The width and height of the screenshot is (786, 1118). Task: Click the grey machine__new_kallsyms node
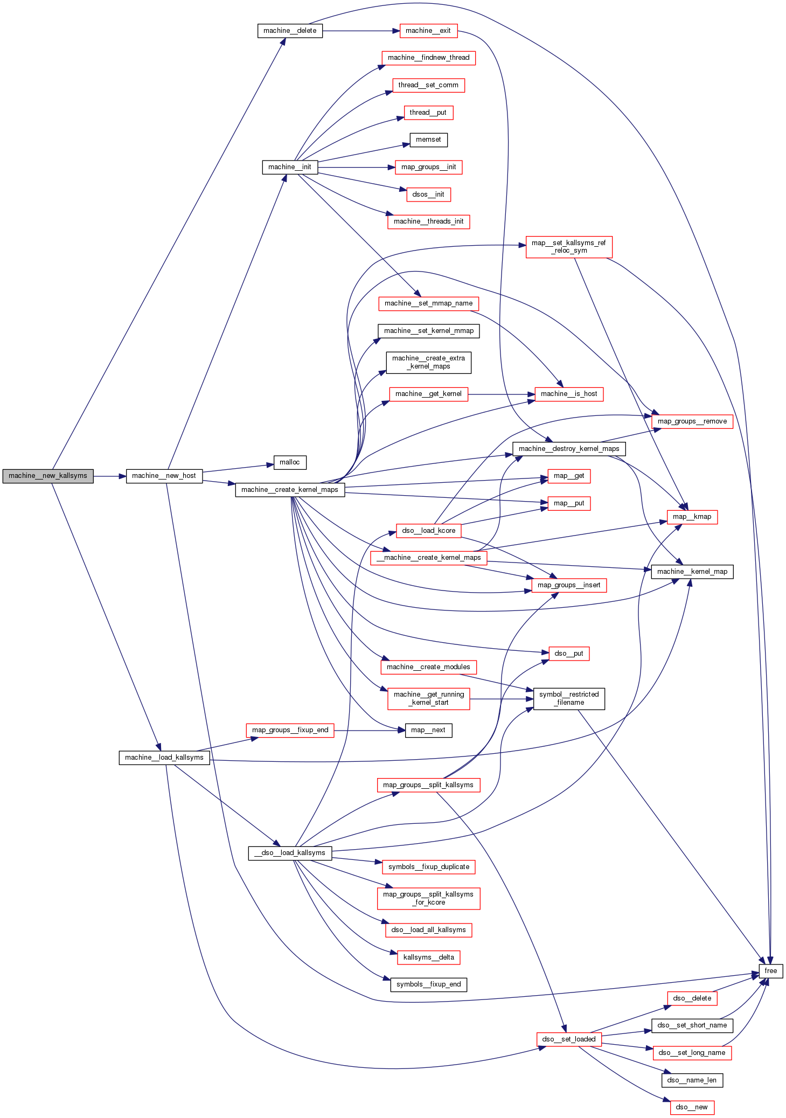pyautogui.click(x=47, y=476)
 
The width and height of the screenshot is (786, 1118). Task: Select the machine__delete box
pyautogui.click(x=290, y=31)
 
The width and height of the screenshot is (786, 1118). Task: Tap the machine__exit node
pyautogui.click(x=428, y=31)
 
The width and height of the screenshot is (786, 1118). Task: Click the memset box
pyautogui.click(x=428, y=140)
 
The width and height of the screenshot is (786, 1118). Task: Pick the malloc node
pyautogui.click(x=290, y=462)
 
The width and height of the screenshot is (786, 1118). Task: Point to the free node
pyautogui.click(x=770, y=971)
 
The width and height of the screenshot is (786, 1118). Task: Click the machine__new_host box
pyautogui.click(x=164, y=476)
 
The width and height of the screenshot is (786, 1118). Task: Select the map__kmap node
pyautogui.click(x=692, y=517)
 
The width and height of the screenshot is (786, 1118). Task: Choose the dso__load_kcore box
pyautogui.click(x=428, y=531)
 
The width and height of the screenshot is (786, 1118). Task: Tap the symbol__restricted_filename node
pyautogui.click(x=569, y=698)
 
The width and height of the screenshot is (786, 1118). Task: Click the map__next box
pyautogui.click(x=428, y=730)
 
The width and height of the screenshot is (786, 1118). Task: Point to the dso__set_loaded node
pyautogui.click(x=569, y=1039)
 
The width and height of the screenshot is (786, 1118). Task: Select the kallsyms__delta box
pyautogui.click(x=428, y=957)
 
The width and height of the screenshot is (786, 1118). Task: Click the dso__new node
pyautogui.click(x=692, y=1107)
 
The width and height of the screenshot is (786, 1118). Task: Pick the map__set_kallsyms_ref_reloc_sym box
pyautogui.click(x=569, y=247)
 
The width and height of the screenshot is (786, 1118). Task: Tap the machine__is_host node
pyautogui.click(x=569, y=394)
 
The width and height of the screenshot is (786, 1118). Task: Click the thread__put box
pyautogui.click(x=428, y=113)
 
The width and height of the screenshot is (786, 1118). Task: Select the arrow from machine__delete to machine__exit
pyautogui.click(x=361, y=31)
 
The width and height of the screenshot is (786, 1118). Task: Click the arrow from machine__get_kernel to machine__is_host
pyautogui.click(x=501, y=394)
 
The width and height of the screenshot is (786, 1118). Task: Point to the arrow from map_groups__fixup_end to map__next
pyautogui.click(x=369, y=731)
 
